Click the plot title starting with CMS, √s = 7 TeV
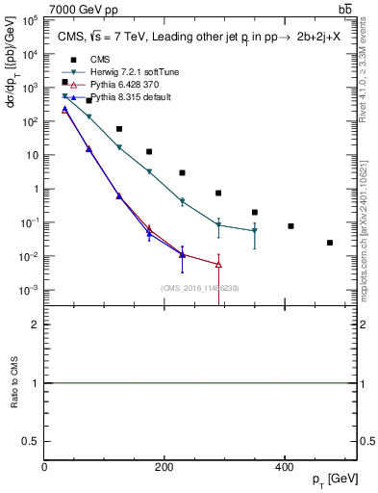(196, 37)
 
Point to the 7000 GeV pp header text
(80, 8)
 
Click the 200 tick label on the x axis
(164, 467)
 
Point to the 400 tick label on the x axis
(285, 467)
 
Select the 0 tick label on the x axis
(45, 467)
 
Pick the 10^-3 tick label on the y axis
(29, 290)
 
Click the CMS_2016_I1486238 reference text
(199, 288)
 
